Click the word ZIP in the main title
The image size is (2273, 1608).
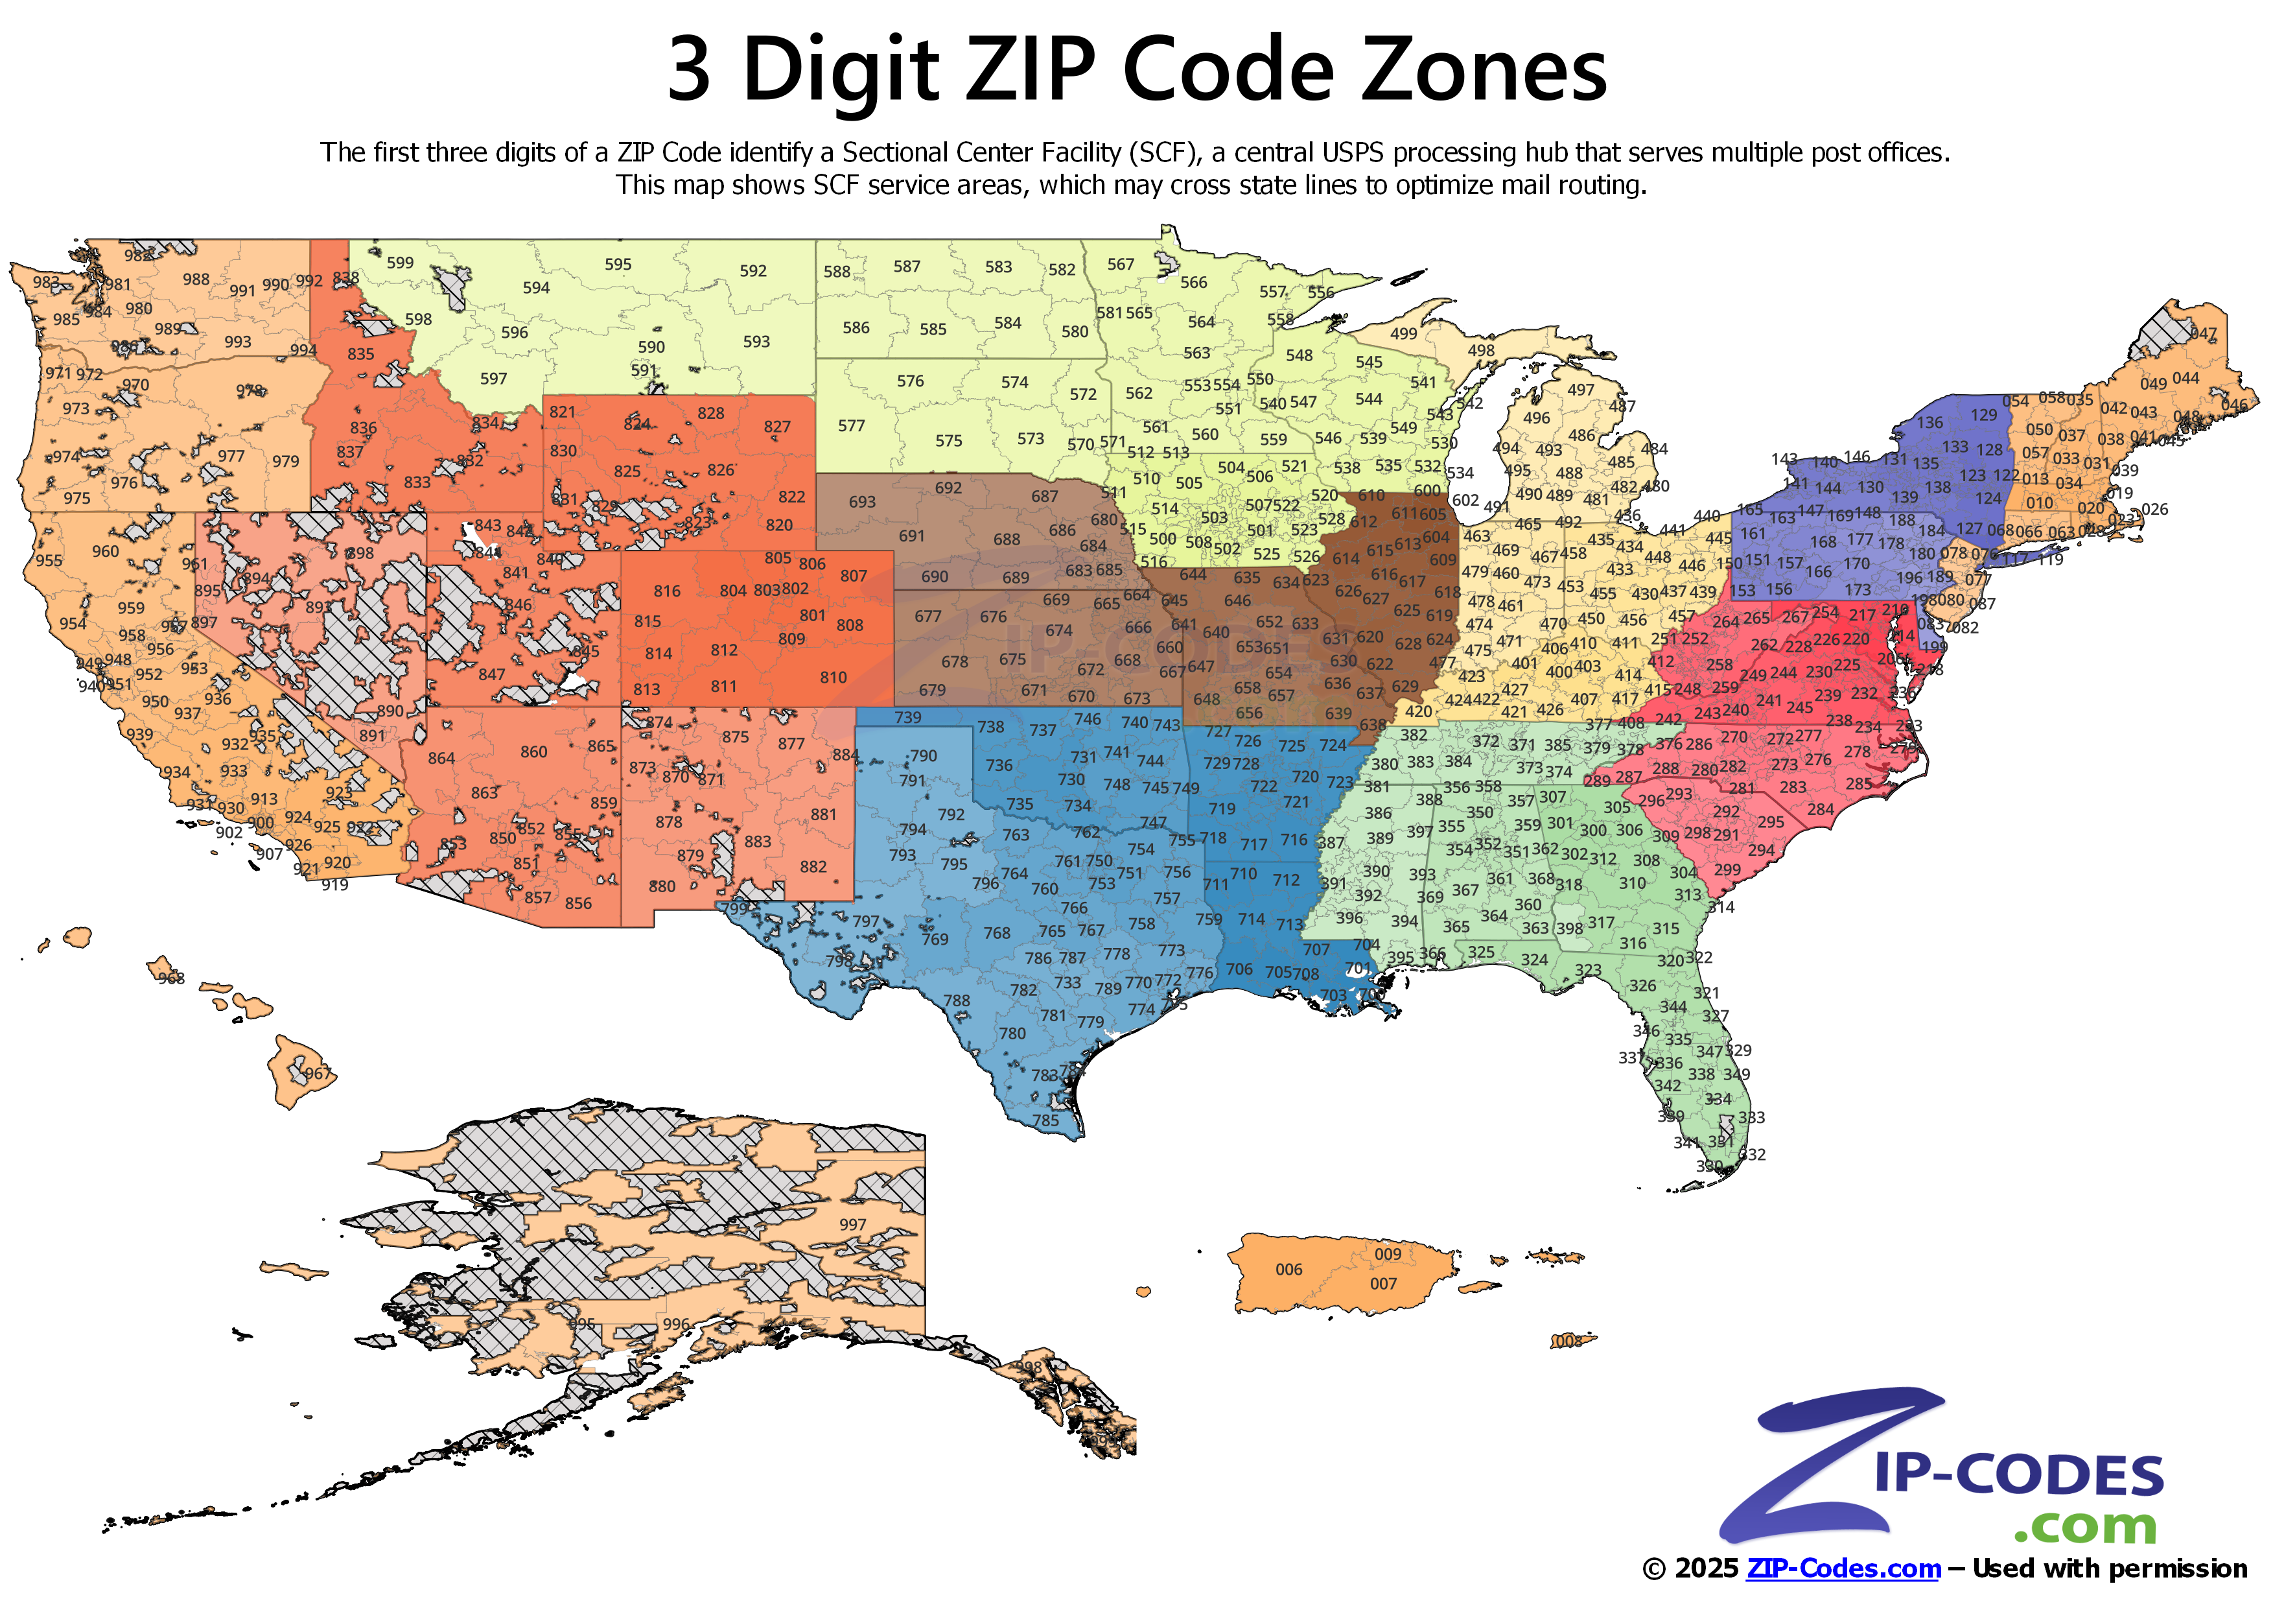[1030, 69]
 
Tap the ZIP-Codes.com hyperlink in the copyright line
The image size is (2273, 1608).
[1843, 1568]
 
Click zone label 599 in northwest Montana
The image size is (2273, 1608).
[400, 263]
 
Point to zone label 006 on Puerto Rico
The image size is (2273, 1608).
[1288, 1270]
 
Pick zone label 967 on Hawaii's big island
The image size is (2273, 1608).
[317, 1073]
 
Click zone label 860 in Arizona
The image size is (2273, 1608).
[533, 751]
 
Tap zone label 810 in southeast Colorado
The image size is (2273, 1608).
[833, 678]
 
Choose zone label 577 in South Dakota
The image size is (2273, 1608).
[852, 426]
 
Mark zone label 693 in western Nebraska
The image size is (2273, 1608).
[861, 501]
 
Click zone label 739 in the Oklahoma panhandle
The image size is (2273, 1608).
[907, 717]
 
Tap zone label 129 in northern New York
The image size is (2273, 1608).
[1984, 415]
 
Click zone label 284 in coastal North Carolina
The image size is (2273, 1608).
[1819, 809]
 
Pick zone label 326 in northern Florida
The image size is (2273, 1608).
[1642, 985]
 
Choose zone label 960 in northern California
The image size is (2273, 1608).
[105, 552]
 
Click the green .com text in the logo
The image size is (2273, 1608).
[2085, 1526]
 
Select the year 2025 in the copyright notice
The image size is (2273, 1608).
[1706, 1568]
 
